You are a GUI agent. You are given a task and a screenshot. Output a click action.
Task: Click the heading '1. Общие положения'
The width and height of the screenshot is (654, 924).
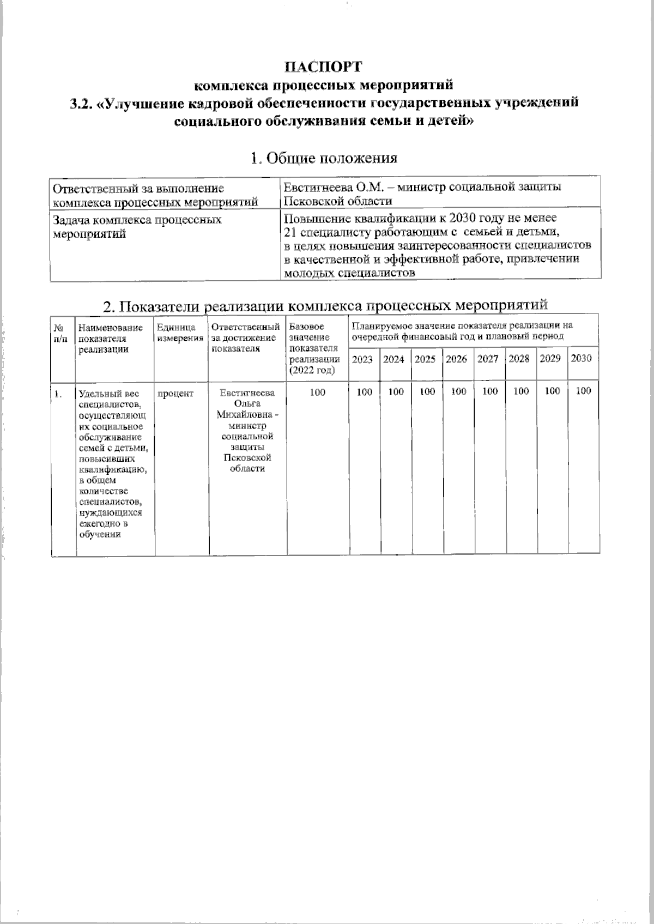coord(324,158)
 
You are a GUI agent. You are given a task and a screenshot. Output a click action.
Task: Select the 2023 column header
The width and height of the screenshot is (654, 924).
coord(362,360)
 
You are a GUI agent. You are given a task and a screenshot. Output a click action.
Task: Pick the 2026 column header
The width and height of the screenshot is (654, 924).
coord(456,360)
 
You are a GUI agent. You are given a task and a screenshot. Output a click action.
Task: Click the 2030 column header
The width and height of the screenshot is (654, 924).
coord(581,359)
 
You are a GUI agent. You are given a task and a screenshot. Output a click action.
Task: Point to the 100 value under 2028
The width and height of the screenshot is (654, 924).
coord(521,391)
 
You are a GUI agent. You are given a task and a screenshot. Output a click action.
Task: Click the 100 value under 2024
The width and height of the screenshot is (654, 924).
coord(396,391)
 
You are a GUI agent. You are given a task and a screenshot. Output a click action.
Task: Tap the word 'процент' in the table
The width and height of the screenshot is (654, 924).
coord(175,393)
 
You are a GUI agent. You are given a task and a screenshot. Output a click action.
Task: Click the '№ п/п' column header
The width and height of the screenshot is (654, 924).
coord(61,333)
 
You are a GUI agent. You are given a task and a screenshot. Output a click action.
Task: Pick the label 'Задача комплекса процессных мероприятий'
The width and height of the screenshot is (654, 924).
coord(136,227)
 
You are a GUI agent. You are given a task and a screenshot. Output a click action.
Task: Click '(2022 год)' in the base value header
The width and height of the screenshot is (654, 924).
coord(311,370)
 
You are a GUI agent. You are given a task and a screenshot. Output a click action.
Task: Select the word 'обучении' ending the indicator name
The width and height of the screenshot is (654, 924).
coord(99,534)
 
